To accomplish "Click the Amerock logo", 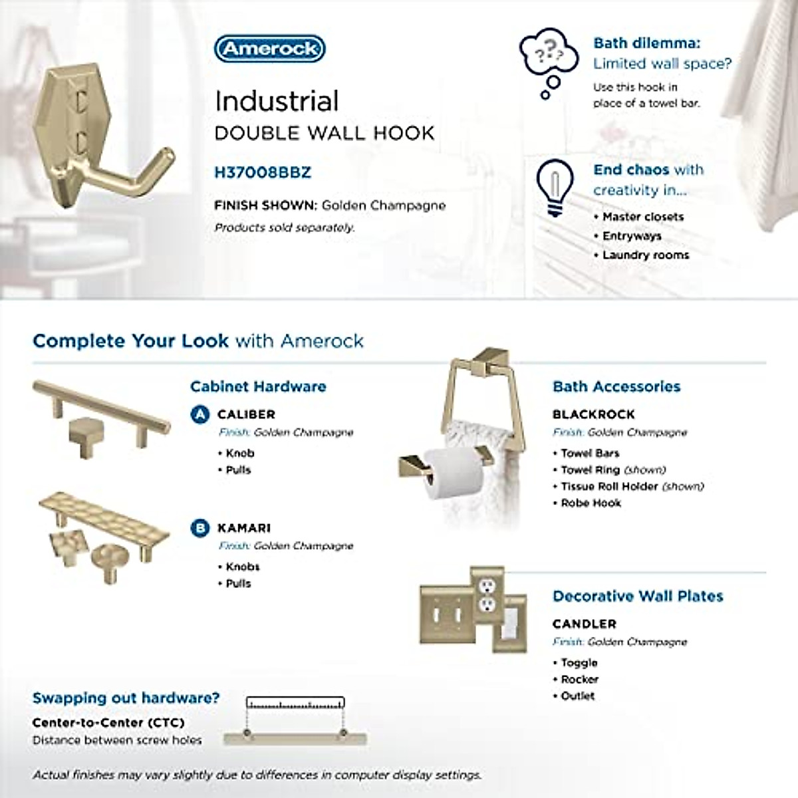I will (269, 49).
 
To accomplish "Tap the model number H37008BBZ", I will (262, 172).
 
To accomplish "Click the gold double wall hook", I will (100, 139).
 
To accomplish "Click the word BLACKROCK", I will (593, 414).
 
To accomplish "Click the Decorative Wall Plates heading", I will (637, 596).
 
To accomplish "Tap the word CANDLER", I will (584, 624).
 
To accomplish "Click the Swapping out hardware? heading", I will (126, 698).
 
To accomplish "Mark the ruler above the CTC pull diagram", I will (295, 702).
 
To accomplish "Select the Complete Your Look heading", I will (198, 341).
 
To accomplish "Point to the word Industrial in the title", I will (277, 101).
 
